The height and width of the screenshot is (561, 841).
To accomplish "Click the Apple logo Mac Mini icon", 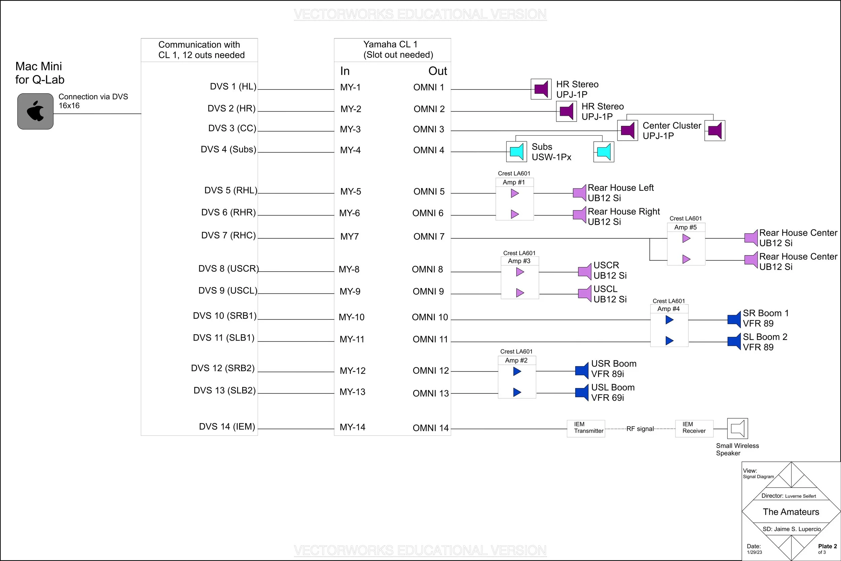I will coord(35,111).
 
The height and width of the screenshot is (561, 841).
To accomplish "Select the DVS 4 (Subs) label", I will coord(228,149).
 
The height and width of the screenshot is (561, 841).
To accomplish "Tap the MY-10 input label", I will coord(352,317).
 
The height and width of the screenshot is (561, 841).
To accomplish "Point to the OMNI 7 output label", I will coord(429,237).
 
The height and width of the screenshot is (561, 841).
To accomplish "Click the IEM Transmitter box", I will coord(586,428).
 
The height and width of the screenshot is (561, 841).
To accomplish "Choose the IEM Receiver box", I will coord(694,428).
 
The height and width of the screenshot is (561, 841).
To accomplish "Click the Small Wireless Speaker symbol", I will coord(737,428).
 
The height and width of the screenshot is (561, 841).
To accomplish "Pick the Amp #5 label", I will coord(686,227).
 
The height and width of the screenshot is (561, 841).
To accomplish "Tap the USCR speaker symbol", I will coord(585,272).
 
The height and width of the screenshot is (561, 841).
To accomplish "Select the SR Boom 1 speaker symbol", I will coord(734,319).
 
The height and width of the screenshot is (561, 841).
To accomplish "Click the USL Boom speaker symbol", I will coord(582,393).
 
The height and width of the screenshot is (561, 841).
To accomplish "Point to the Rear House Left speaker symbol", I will coord(580,193).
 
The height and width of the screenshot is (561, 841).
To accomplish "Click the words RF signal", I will coord(640,429).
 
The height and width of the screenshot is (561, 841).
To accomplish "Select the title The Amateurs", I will coord(791,512).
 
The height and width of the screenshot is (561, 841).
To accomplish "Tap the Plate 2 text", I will coord(828,546).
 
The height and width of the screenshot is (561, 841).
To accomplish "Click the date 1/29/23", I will coord(754,552).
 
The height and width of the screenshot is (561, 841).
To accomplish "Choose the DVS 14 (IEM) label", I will coord(227,426).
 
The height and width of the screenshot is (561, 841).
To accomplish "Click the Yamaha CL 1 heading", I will coord(390,44).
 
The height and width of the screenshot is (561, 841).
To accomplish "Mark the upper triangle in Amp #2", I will coord(517,372).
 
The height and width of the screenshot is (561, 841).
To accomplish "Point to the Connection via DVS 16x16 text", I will coord(93,101).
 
